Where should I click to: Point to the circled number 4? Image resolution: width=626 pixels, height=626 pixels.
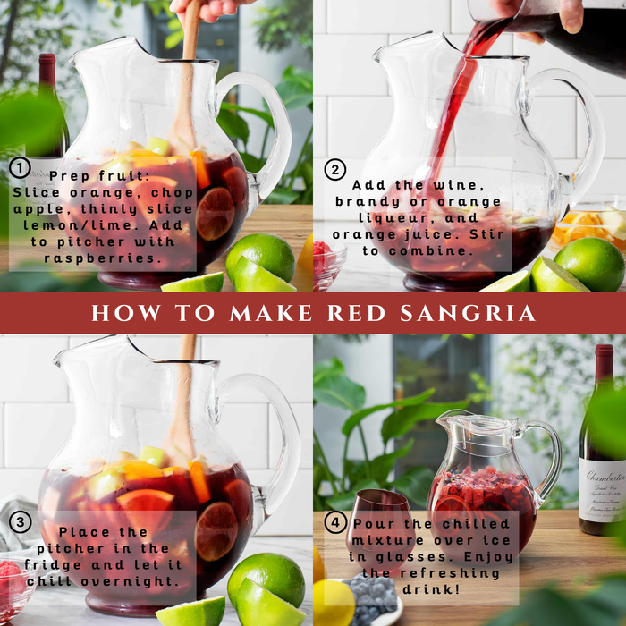pos(334,524)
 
